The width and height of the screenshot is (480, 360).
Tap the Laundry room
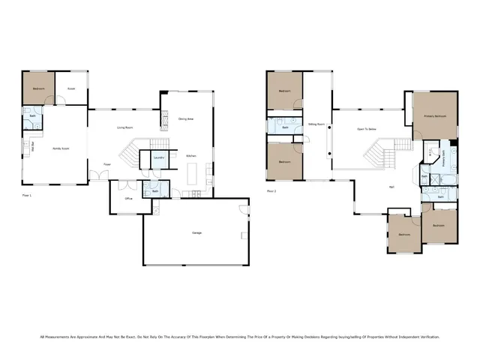pos(159,157)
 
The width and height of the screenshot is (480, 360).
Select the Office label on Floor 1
pos(128,199)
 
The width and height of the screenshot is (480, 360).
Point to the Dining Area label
pos(186,118)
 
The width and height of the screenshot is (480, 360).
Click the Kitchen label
pos(191,155)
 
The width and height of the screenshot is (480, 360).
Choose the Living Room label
pos(124,127)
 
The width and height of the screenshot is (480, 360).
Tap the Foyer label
pos(107,163)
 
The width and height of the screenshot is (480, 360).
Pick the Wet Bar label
pos(31,147)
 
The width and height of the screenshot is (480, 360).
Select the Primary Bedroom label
pos(435,116)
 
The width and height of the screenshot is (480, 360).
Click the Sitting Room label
pos(316,124)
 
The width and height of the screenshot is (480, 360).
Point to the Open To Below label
pos(365,129)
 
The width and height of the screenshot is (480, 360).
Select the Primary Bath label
pos(443,160)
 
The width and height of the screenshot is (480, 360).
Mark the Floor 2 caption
pos(271,190)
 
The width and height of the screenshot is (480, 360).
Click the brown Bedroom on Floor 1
pos(38,88)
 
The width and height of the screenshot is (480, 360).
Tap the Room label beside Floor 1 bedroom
pos(71,88)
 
